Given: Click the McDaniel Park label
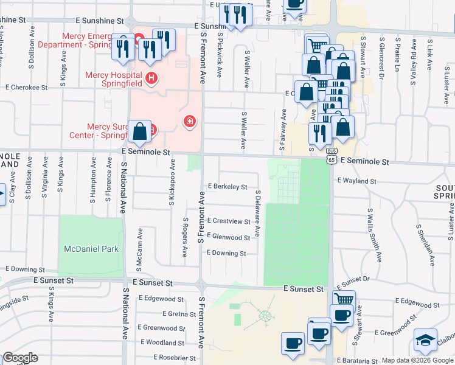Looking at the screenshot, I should pyautogui.click(x=91, y=249).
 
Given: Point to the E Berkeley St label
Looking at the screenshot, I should pyautogui.click(x=227, y=187).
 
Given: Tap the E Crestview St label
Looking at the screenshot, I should pyautogui.click(x=228, y=221).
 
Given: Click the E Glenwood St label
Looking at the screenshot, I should pyautogui.click(x=228, y=237).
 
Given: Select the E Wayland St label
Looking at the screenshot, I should pyautogui.click(x=356, y=181).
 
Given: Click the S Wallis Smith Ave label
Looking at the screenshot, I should pyautogui.click(x=374, y=234).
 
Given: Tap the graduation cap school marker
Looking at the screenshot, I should pyautogui.click(x=425, y=340).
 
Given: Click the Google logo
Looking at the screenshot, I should pyautogui.click(x=19, y=358).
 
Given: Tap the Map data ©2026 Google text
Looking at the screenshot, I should pyautogui.click(x=417, y=360).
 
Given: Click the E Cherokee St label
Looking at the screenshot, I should pyautogui.click(x=26, y=88).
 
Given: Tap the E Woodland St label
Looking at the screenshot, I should pyautogui.click(x=161, y=342).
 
